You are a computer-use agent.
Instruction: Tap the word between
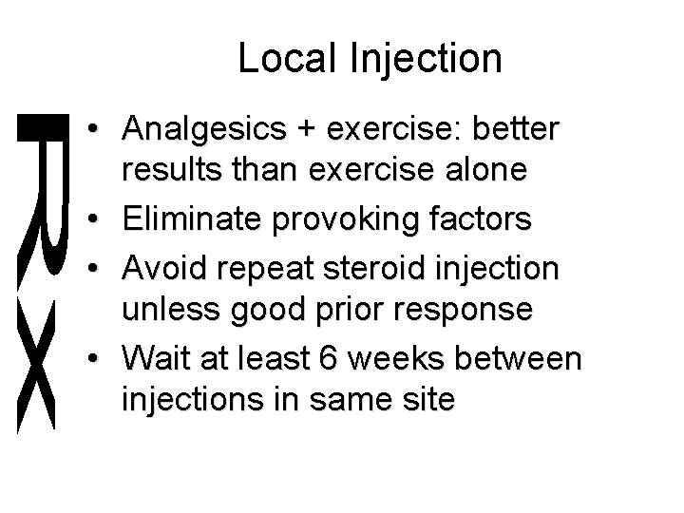click(531, 358)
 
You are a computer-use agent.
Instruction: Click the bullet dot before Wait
click(99, 360)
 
